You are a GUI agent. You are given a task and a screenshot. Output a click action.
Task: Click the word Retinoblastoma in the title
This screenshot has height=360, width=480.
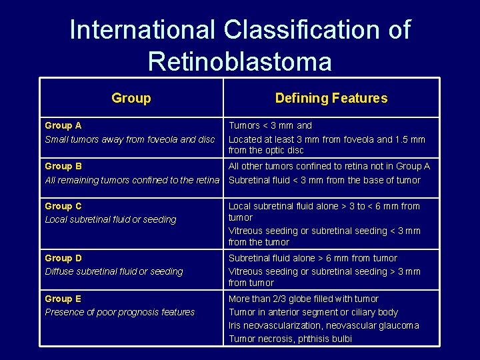pos(239,61)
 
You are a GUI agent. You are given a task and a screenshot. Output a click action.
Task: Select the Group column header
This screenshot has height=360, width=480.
pos(131,98)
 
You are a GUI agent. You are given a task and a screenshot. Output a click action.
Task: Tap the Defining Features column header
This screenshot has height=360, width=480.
pos(331,98)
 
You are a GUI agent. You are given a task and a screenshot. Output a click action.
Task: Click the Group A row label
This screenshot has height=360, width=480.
pos(63,125)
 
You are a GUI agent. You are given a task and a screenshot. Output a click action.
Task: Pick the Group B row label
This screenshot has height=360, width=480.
pos(63,166)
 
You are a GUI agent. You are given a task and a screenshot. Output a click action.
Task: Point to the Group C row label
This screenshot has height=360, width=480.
pos(63,206)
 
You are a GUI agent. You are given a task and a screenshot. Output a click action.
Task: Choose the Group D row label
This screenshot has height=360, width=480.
pos(63,258)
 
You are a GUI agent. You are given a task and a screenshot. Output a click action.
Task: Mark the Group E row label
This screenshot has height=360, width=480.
pos(63,299)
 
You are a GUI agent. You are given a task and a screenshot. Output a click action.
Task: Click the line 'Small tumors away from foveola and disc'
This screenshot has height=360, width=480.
pos(130,139)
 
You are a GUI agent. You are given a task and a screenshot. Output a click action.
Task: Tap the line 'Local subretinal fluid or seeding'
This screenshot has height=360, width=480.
pos(111,219)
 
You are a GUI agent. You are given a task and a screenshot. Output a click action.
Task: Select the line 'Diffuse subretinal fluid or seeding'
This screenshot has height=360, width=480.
pos(113,271)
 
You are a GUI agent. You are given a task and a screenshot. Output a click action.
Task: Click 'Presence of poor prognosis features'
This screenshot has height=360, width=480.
pos(120,312)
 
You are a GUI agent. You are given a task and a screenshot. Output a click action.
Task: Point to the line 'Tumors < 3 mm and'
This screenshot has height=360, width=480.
pos(270,125)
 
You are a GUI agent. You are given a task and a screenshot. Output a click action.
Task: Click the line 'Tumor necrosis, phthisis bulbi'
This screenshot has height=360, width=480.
pos(291,339)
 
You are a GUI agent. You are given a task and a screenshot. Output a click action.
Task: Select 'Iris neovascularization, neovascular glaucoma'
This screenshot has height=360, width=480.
pos(324,325)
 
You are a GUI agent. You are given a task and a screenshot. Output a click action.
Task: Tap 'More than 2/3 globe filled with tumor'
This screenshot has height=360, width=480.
pos(303,299)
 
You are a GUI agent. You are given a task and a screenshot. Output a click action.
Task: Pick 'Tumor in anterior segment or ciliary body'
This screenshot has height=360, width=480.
pos(313,312)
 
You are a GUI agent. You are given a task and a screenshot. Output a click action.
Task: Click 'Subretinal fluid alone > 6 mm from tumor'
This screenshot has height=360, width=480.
pos(313,258)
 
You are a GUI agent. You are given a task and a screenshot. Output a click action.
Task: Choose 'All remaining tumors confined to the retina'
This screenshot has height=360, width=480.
pos(132,180)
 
